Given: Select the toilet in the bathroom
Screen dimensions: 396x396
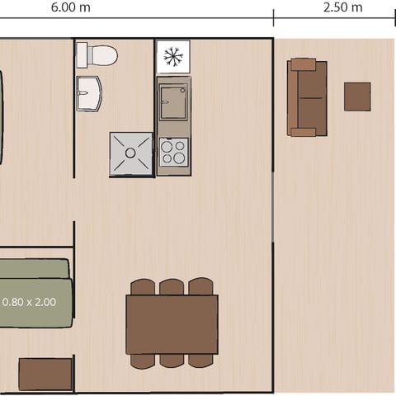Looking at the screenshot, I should [x=101, y=56].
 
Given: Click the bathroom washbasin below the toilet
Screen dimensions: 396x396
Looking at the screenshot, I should [x=88, y=92].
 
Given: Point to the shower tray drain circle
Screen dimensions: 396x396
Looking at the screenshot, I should [x=130, y=153].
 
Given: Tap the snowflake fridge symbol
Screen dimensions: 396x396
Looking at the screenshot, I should [x=172, y=57].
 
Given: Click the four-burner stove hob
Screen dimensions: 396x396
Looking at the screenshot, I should [x=173, y=152].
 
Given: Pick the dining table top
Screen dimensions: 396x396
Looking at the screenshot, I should [x=172, y=324].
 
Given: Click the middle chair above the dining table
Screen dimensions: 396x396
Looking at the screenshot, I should [x=172, y=287].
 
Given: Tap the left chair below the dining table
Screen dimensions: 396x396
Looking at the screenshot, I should [x=143, y=361].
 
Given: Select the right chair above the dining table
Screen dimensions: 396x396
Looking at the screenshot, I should [x=200, y=287].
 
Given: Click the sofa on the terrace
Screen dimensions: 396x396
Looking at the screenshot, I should [x=307, y=97].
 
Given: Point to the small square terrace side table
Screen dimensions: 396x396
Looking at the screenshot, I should [x=357, y=97].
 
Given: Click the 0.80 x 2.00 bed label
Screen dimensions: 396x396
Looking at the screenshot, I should [x=30, y=302].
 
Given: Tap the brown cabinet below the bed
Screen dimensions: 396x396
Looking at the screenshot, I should [x=45, y=374].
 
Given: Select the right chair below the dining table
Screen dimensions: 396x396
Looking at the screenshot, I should [x=200, y=361].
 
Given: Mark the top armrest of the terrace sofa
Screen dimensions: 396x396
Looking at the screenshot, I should [x=304, y=64].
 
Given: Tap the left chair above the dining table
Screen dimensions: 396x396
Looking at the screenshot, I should [x=143, y=287].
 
